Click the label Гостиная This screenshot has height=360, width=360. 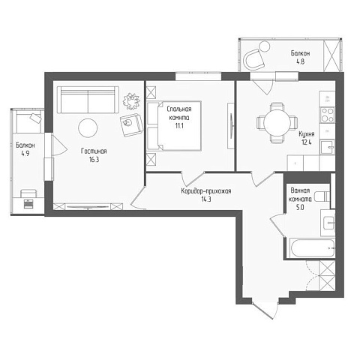(94, 151)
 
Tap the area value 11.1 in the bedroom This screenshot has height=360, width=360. (179, 126)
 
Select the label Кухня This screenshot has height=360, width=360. (307, 134)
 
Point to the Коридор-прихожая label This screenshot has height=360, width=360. (206, 191)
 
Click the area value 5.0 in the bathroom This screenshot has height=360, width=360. (300, 207)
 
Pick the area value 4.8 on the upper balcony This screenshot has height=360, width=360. (300, 61)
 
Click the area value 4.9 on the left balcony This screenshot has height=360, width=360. (25, 154)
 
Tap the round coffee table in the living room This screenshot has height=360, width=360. (88, 127)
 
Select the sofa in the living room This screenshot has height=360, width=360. (88, 100)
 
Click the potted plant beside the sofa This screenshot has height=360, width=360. (131, 100)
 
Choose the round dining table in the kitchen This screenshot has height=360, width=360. (277, 122)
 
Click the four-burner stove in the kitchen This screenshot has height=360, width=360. (328, 115)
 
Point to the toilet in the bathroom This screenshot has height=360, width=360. (322, 196)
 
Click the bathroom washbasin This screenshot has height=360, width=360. (328, 223)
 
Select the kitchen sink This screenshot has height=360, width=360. (328, 148)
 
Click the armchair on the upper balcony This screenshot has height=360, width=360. (253, 60)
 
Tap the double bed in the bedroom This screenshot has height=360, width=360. (174, 125)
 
